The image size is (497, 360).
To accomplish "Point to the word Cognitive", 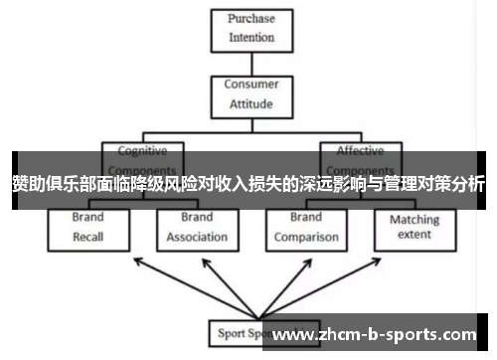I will click(143, 151).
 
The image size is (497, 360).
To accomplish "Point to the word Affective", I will click(360, 151).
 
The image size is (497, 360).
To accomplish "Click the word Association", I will click(197, 237).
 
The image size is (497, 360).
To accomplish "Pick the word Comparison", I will click(306, 237).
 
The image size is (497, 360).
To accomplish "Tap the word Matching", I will click(414, 219).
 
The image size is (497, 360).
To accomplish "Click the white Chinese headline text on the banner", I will click(248, 183).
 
